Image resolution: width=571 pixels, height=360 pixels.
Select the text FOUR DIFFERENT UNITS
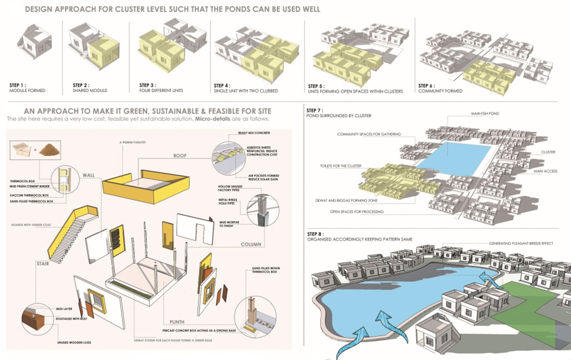[x=162, y=90]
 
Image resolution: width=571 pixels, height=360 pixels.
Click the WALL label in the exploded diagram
[x=102, y=175]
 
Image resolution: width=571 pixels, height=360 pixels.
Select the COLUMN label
[x=251, y=244]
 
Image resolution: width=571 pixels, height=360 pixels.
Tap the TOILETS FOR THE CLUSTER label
[x=341, y=166]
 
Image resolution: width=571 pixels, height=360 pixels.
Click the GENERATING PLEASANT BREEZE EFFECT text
[x=521, y=243]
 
